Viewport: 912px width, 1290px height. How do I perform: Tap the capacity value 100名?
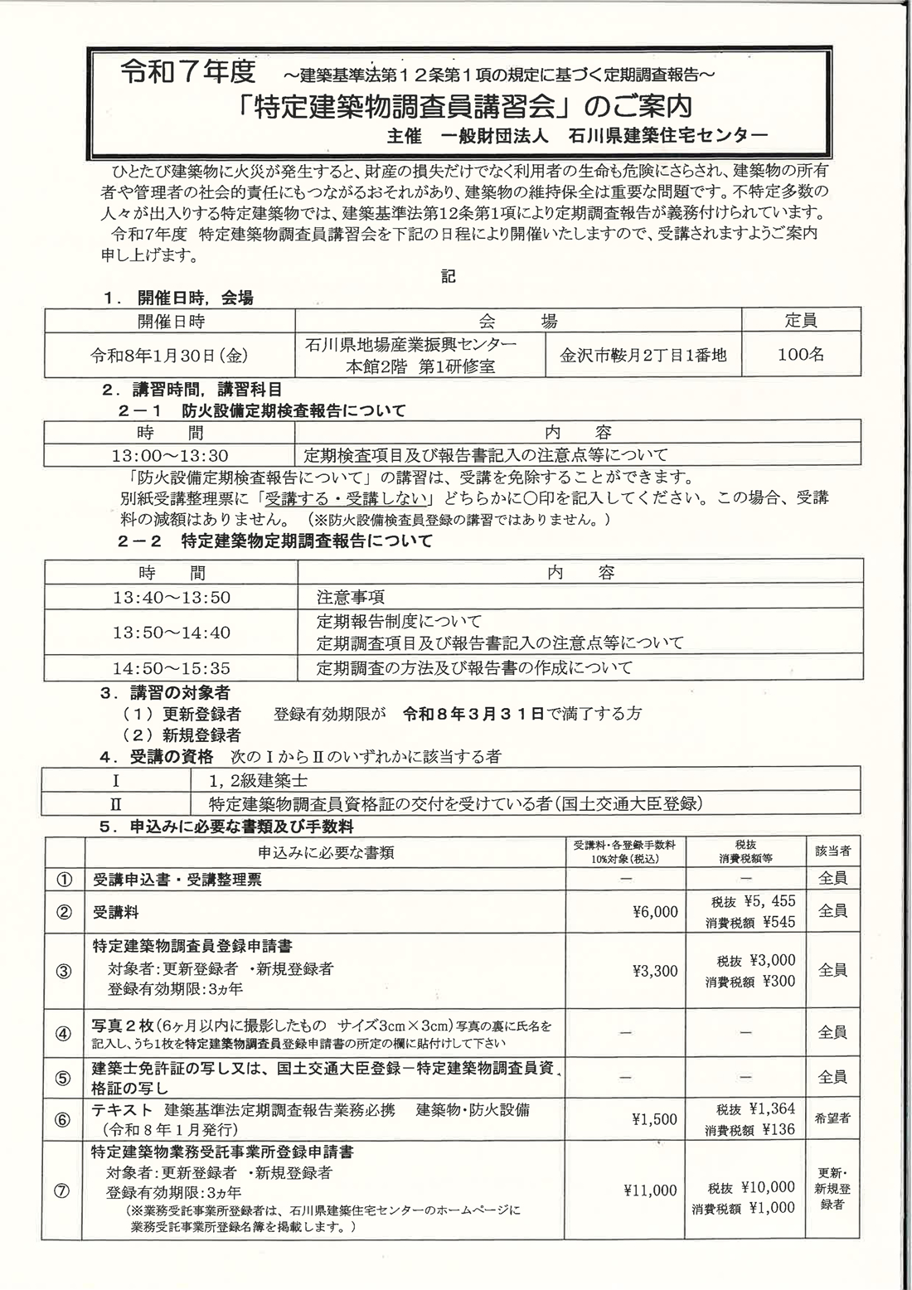[x=801, y=355]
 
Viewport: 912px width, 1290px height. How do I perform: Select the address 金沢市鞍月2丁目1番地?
[x=643, y=355]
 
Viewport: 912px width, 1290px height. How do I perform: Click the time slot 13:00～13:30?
[x=170, y=455]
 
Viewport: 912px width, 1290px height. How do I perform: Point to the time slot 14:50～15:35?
[x=172, y=667]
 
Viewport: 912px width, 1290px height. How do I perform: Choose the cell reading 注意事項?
[x=351, y=597]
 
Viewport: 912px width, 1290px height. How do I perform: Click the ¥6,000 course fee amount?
[x=654, y=912]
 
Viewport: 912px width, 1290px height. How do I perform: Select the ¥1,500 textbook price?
[x=654, y=1119]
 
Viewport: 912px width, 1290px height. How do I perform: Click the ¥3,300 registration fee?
[x=654, y=971]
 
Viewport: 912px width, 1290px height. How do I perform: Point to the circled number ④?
[x=64, y=1033]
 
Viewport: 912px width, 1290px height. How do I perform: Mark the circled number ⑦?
[x=64, y=1191]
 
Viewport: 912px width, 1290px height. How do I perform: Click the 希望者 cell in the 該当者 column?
[x=832, y=1118]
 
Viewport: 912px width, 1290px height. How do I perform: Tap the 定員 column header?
[x=801, y=320]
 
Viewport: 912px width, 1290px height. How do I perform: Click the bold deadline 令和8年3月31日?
[x=473, y=713]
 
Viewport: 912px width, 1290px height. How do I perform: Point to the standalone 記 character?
[x=449, y=277]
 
